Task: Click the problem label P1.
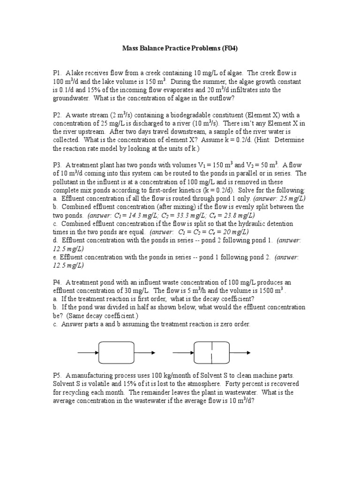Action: (x=57, y=73)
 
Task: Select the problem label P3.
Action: (x=57, y=165)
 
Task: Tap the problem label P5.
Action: (x=57, y=375)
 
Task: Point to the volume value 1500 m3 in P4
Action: (x=269, y=291)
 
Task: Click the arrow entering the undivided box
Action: (x=88, y=352)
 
